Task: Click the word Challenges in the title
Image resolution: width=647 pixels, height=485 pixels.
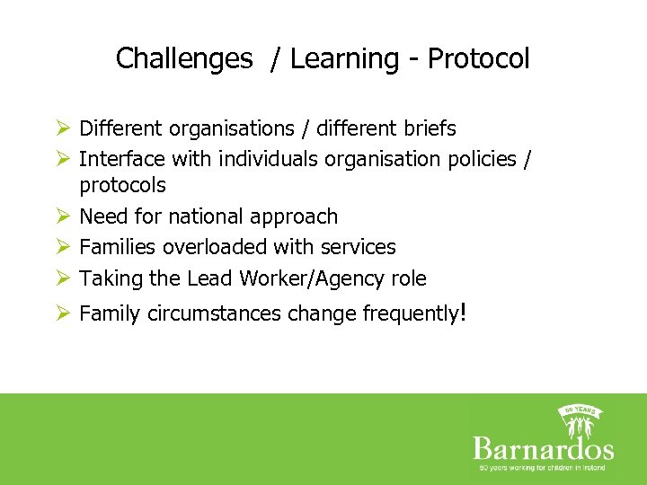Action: click(184, 59)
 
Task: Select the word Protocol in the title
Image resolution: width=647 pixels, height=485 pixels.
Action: click(478, 59)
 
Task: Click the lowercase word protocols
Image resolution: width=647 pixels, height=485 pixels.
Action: click(122, 185)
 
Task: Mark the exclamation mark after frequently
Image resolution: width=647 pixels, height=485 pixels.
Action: click(462, 312)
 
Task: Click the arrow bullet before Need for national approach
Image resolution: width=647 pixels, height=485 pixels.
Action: click(62, 216)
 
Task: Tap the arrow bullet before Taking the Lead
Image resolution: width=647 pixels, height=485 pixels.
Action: click(62, 278)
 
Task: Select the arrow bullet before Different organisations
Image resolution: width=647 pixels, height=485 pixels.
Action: click(62, 128)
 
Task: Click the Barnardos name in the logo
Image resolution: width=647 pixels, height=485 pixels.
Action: click(543, 448)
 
